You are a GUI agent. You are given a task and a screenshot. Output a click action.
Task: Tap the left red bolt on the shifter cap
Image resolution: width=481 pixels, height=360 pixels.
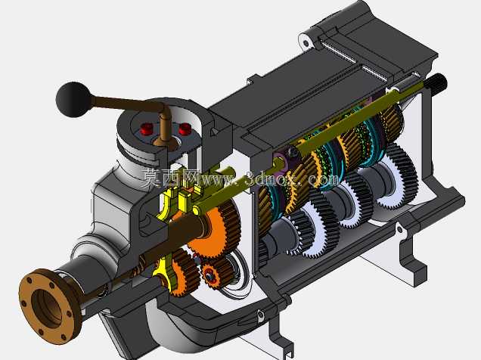(146, 129)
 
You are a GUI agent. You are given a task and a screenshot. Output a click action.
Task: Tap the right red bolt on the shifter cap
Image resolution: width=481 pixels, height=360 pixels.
(185, 129)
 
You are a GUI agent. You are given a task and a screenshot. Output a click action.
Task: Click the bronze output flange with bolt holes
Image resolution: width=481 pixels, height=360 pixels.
(49, 306)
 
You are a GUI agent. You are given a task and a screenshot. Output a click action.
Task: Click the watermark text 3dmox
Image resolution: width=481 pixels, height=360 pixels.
(271, 178)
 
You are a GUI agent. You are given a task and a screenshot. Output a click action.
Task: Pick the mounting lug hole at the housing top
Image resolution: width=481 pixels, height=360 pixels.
(306, 42)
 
